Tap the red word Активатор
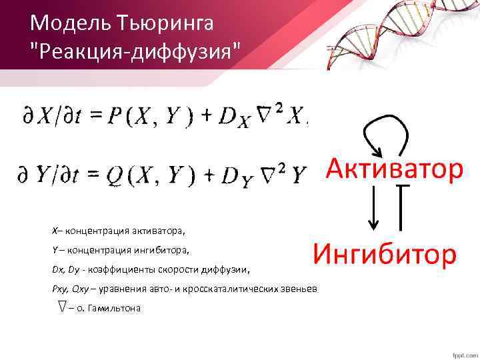pos(394,169)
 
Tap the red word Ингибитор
pos(385,254)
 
